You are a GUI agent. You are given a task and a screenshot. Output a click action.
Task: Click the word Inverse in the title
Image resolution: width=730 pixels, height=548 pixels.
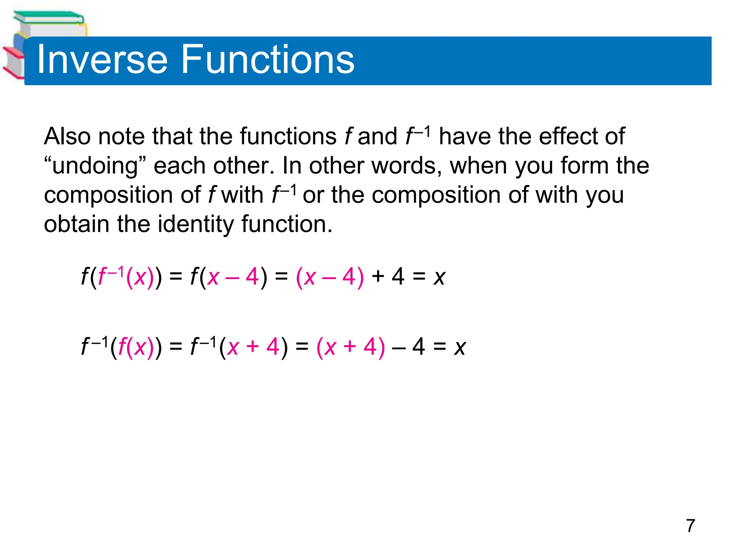[x=102, y=60]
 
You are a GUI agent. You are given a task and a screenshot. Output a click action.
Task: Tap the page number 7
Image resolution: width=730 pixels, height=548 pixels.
[x=690, y=526]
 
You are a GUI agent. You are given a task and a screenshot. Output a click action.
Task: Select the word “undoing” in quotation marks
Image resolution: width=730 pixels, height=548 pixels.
[x=95, y=166]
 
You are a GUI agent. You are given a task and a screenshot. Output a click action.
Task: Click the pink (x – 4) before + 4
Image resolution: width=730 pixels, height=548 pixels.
[x=330, y=277]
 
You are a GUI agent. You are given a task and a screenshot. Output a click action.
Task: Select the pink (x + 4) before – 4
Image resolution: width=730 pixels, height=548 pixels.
[x=351, y=347]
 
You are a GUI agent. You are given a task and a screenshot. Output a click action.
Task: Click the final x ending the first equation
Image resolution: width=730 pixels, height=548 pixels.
[x=439, y=278]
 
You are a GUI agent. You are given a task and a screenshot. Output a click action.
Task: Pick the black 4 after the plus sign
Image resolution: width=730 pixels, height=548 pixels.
[x=398, y=277]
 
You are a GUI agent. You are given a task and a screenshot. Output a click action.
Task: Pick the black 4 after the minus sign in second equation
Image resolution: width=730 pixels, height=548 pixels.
[x=418, y=347]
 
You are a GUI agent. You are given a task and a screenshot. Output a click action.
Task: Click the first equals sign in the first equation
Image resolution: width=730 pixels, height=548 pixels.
[x=176, y=277]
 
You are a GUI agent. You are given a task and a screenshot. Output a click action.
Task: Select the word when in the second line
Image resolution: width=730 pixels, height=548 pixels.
[x=479, y=166]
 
